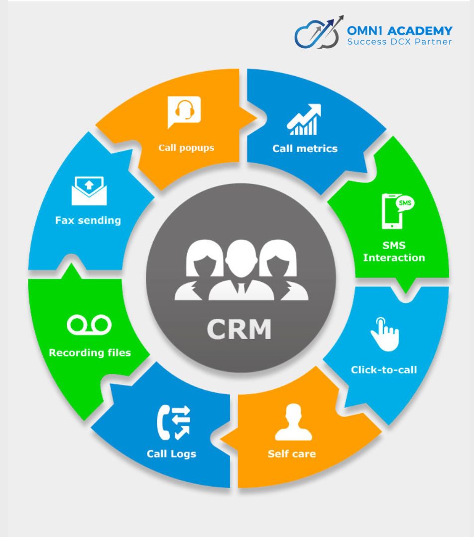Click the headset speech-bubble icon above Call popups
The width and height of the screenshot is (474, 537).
pyautogui.click(x=184, y=111)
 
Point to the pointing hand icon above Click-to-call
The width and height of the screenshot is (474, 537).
pyautogui.click(x=384, y=331)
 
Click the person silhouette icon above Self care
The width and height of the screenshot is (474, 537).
pyautogui.click(x=293, y=423)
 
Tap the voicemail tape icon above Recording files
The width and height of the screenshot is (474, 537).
pyautogui.click(x=90, y=325)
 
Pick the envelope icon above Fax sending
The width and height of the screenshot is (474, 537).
pyautogui.click(x=89, y=190)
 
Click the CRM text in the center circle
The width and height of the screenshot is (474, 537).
pyautogui.click(x=239, y=329)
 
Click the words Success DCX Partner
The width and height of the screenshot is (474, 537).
pyautogui.click(x=400, y=42)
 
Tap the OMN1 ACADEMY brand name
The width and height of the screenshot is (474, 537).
pyautogui.click(x=400, y=31)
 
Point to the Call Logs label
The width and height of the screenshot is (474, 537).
pyautogui.click(x=171, y=453)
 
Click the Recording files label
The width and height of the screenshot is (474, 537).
pyautogui.click(x=90, y=353)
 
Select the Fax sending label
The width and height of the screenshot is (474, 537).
pyautogui.click(x=88, y=220)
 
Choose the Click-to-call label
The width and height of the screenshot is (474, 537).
pyautogui.click(x=384, y=369)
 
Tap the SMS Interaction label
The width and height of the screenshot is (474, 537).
pyautogui.click(x=394, y=252)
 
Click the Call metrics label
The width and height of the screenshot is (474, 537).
pyautogui.click(x=305, y=148)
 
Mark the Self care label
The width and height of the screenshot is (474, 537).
pyautogui.click(x=291, y=453)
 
